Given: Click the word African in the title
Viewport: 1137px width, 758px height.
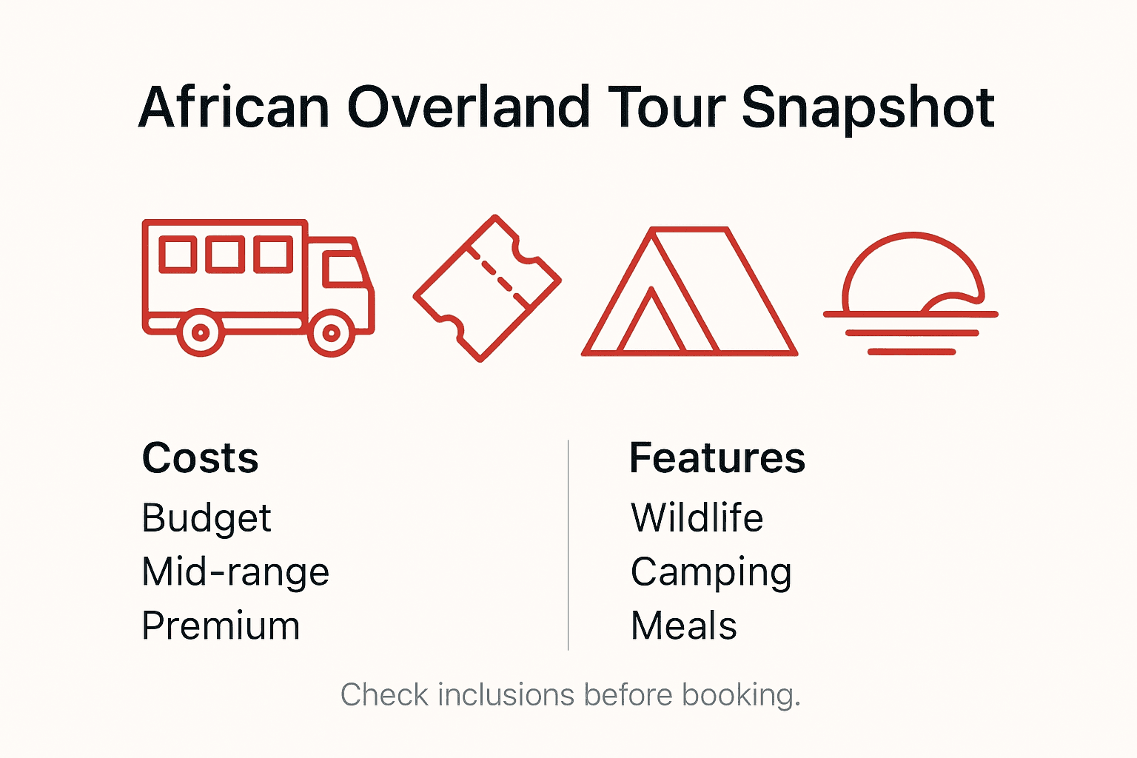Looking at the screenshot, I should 234,108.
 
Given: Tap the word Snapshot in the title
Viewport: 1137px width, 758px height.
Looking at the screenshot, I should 868,108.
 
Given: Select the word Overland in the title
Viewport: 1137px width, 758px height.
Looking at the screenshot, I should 468,108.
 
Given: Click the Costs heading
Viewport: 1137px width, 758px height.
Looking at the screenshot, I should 200,458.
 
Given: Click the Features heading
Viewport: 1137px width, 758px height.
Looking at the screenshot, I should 717,458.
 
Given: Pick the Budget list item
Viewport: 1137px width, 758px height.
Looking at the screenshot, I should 206,518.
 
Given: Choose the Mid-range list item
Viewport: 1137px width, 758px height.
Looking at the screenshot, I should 235,572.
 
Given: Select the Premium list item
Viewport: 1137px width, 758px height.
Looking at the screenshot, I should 221,626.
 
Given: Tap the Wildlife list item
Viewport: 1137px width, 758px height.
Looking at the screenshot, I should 697,518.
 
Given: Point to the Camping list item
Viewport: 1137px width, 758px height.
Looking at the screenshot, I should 711,573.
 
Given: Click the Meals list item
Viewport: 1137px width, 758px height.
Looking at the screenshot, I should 683,626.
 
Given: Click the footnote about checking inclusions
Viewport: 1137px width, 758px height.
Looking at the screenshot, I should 570,695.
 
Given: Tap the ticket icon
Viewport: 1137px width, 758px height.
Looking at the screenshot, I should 487,288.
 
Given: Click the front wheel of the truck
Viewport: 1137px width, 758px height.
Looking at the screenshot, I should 331,333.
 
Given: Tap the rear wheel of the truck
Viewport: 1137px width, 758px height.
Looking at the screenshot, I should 200,333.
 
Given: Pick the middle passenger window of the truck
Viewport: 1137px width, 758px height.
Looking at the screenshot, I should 225,254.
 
